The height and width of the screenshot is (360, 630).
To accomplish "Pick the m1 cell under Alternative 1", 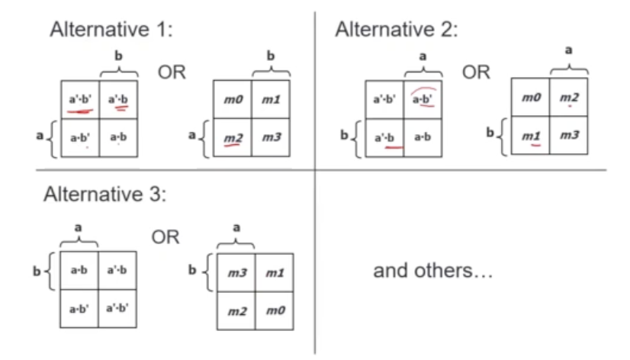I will (x=270, y=99).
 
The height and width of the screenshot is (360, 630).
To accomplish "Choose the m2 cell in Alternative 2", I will (x=569, y=98).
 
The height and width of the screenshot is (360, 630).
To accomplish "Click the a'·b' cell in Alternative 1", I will (x=79, y=99).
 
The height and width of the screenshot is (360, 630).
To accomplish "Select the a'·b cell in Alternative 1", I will (x=117, y=99).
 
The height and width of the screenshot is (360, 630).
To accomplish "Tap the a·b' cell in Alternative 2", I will (x=422, y=99).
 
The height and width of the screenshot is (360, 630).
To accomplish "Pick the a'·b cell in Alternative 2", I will (x=384, y=137).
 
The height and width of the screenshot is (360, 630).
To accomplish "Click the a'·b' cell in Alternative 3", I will (x=117, y=310).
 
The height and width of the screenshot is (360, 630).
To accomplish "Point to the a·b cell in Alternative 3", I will (x=79, y=271).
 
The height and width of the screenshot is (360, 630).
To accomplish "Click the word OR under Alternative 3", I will (x=164, y=237).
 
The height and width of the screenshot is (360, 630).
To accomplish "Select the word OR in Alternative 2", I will (x=476, y=72).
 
